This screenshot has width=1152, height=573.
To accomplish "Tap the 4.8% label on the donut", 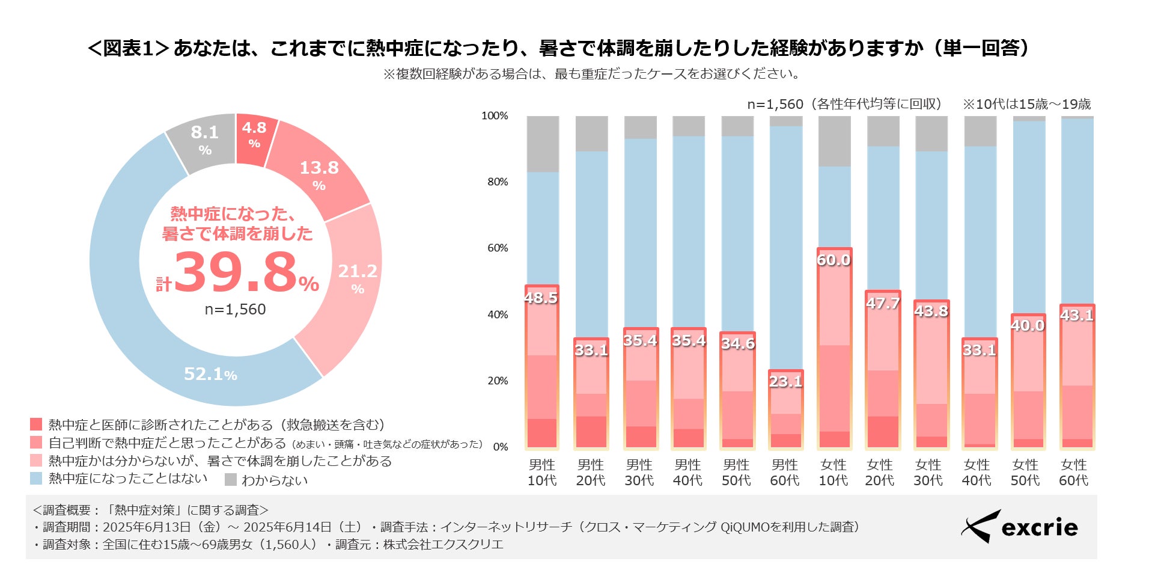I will (254, 134).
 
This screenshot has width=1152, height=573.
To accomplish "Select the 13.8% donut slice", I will (319, 174).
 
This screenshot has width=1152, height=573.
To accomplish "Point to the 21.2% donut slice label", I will (358, 278).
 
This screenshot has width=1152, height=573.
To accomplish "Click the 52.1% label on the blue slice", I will (210, 374).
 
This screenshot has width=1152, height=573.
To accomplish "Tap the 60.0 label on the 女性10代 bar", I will (834, 260).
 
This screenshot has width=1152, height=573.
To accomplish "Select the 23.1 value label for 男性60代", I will (785, 381).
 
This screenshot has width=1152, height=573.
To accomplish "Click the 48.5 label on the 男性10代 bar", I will (541, 298).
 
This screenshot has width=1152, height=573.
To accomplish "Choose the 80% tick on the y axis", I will (498, 182).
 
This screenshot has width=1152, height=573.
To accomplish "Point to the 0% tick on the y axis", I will (501, 447).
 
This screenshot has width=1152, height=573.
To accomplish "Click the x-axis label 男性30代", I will (639, 473).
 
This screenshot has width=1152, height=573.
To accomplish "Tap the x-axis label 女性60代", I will (1073, 473).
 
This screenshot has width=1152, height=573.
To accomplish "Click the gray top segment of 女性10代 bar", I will (834, 141).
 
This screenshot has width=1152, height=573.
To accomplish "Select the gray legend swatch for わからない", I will (231, 479).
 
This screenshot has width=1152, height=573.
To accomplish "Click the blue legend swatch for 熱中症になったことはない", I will (36, 479).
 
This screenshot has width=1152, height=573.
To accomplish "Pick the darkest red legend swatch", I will (36, 424).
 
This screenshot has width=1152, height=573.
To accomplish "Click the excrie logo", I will (1019, 527).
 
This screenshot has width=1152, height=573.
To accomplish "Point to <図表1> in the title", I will (128, 48).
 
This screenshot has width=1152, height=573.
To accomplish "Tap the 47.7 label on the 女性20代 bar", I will (883, 303).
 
